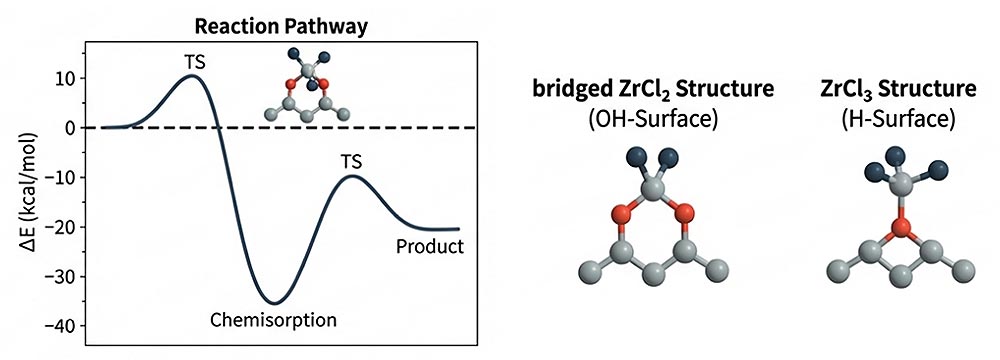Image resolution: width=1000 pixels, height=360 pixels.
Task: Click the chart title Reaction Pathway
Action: click(281, 27)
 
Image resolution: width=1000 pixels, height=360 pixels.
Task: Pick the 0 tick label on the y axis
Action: click(71, 128)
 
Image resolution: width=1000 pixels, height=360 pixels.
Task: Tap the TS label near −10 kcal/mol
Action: click(353, 162)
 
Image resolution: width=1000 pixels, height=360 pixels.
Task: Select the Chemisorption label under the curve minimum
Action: click(274, 319)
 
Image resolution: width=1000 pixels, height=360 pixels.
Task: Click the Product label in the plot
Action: click(430, 246)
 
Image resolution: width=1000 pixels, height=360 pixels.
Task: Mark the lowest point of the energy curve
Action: click(274, 303)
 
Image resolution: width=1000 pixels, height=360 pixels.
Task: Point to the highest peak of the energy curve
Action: click(193, 76)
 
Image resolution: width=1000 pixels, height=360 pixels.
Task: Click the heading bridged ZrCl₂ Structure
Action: click(652, 89)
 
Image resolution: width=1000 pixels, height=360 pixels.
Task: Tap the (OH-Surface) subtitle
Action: click(653, 119)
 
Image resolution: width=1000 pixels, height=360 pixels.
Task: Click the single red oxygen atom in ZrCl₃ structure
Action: click(901, 226)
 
